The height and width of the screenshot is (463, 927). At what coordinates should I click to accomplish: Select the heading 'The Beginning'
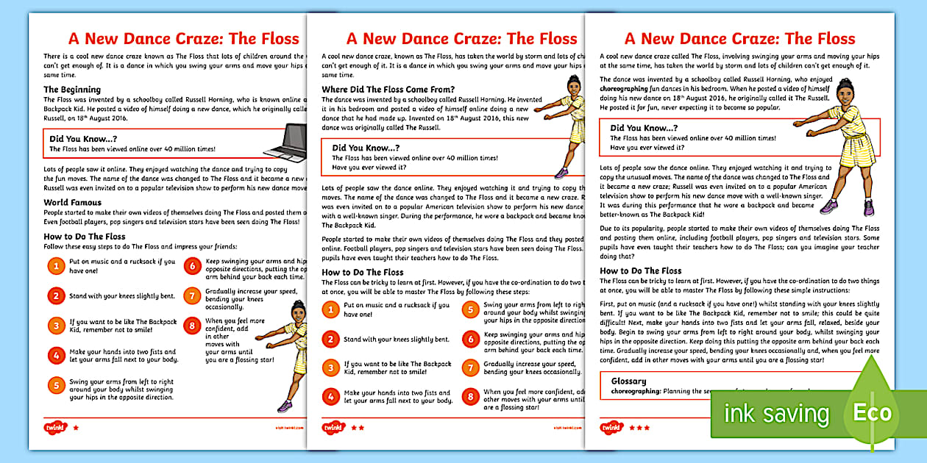[x=71, y=90]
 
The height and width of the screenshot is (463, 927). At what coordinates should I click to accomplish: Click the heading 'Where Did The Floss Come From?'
[x=388, y=90]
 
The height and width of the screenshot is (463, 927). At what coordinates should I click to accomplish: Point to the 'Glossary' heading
[x=628, y=381]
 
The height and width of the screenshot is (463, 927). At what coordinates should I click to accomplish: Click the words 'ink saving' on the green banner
[x=775, y=413]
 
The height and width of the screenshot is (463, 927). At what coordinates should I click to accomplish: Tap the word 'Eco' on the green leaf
[x=872, y=412]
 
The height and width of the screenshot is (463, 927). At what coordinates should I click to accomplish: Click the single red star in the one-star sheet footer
[x=76, y=426]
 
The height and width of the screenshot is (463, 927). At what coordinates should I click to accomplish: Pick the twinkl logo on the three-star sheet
[x=611, y=427]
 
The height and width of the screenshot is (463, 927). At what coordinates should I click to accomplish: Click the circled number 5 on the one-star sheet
[x=56, y=386]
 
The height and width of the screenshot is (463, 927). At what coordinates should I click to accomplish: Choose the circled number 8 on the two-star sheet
[x=469, y=397]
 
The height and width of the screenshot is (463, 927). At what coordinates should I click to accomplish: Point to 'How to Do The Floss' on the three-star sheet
[x=640, y=270]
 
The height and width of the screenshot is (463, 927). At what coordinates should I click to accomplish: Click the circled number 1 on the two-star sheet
[x=331, y=309]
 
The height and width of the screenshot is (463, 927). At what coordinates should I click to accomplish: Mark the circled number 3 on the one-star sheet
[x=56, y=326]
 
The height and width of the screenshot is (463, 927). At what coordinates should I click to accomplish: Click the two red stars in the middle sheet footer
[x=357, y=426]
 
